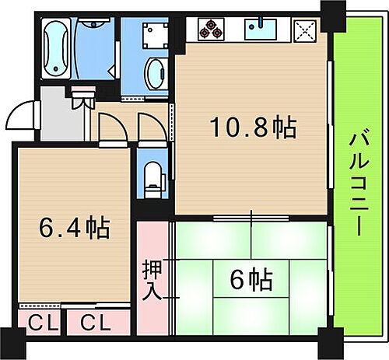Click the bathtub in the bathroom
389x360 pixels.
57,48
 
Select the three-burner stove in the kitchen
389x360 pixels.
211,30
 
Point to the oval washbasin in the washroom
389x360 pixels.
157,73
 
